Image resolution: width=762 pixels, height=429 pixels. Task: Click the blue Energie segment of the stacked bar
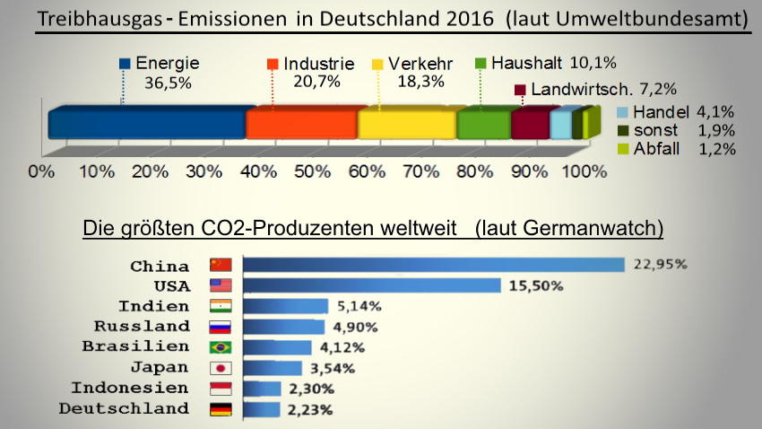pyautogui.click(x=148, y=124)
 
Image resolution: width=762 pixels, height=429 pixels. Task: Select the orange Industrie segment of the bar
pyautogui.click(x=301, y=124)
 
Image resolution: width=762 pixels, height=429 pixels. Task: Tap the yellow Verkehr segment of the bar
pyautogui.click(x=406, y=124)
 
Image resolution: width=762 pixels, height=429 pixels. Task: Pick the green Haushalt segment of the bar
pyautogui.click(x=483, y=124)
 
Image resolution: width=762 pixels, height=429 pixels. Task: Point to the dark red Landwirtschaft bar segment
pyautogui.click(x=529, y=124)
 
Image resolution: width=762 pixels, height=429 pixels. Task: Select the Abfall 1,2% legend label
pyautogui.click(x=684, y=148)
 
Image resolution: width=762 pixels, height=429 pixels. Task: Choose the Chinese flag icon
pyautogui.click(x=220, y=265)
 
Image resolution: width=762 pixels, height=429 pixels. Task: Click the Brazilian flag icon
pyautogui.click(x=220, y=347)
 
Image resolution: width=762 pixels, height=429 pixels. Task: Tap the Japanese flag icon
pyautogui.click(x=220, y=368)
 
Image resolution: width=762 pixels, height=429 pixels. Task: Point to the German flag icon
pyautogui.click(x=220, y=409)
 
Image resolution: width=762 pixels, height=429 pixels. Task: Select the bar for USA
pyautogui.click(x=372, y=285)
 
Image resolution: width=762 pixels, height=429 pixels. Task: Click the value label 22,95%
pyautogui.click(x=659, y=264)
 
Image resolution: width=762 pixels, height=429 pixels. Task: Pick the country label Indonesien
pyautogui.click(x=130, y=389)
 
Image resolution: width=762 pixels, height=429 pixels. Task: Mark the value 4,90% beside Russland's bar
pyautogui.click(x=355, y=327)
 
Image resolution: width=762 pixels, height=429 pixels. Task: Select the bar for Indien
pyautogui.click(x=285, y=306)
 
